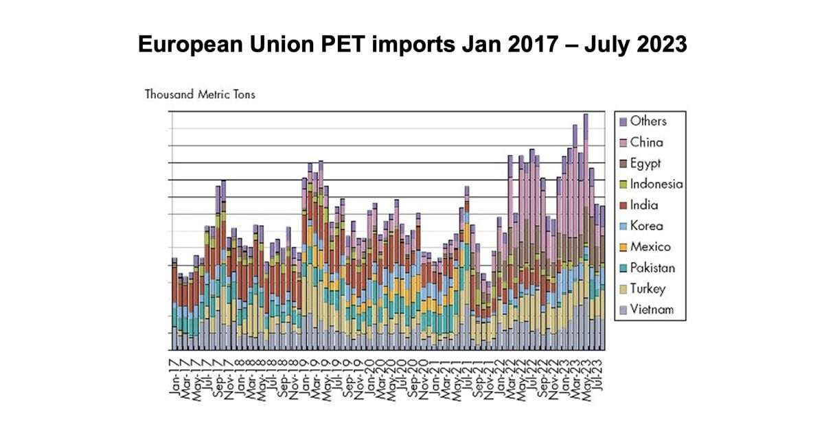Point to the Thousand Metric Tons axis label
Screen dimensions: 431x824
coord(200,94)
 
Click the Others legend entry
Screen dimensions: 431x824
coord(648,121)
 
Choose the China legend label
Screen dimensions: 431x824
coord(646,143)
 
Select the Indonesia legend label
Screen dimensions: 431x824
coord(656,185)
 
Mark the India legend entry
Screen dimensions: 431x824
coord(644,205)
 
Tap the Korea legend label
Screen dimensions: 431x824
coord(646,226)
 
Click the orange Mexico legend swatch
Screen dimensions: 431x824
coord(623,247)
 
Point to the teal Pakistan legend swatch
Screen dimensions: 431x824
coord(623,268)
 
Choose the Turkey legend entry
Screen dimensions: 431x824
coord(648,289)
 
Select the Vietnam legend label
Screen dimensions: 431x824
coord(652,310)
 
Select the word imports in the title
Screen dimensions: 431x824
coord(405,45)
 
